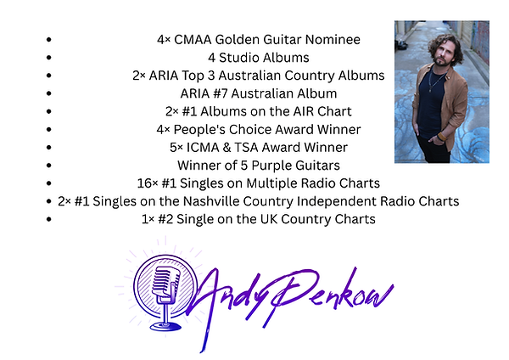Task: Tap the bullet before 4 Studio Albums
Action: [52, 58]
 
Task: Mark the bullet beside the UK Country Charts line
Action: [52, 219]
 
